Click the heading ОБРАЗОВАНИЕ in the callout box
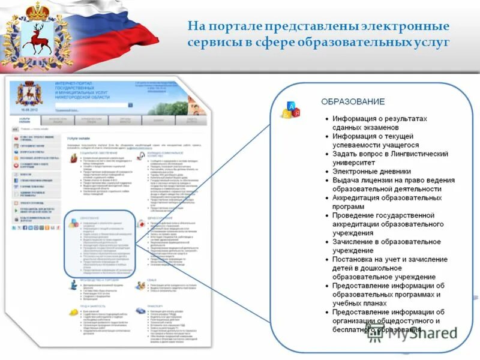[353, 101]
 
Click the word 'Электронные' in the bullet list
[355, 171]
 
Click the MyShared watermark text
[419, 334]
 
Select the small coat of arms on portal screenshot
[25, 95]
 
